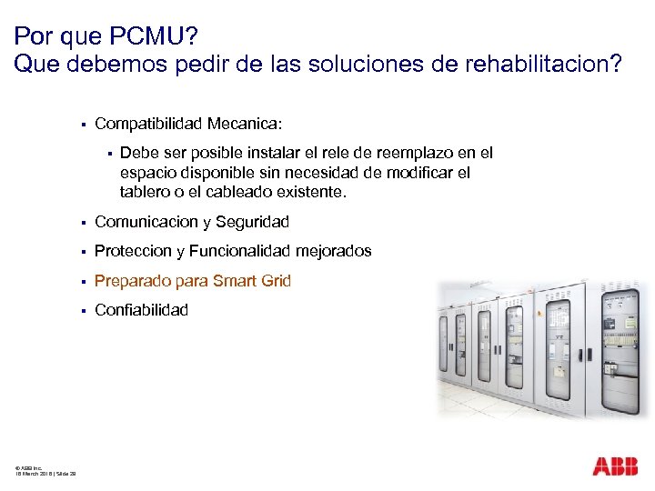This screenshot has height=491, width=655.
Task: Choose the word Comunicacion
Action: click(147, 222)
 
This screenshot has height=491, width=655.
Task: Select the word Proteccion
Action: click(133, 251)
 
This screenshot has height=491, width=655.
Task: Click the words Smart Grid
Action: click(250, 281)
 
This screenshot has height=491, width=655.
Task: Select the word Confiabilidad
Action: click(142, 310)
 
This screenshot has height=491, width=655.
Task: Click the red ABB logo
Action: click(615, 466)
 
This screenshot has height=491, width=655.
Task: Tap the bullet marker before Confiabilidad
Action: click(82, 311)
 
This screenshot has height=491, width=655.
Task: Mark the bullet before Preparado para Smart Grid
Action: click(82, 282)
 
